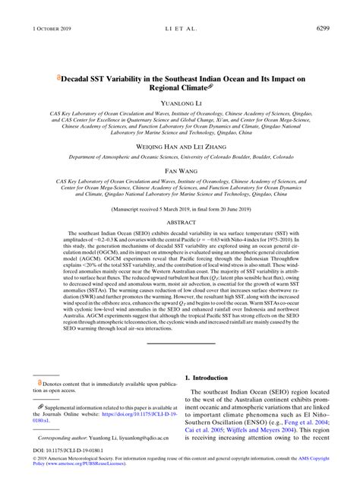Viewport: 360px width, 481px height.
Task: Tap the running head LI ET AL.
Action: [x=180, y=8]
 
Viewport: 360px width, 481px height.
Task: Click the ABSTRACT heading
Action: [x=179, y=223]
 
